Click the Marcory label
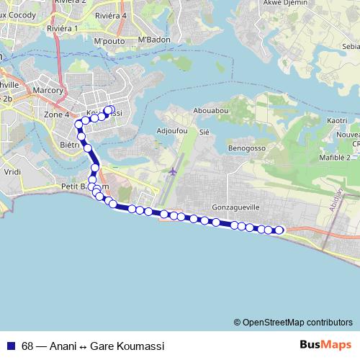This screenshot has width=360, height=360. click(x=48, y=90)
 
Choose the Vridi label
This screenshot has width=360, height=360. click(x=12, y=173)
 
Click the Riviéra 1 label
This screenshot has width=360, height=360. click(x=62, y=28)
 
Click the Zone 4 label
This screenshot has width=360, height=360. click(x=56, y=114)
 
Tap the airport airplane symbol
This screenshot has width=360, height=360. click(x=173, y=172)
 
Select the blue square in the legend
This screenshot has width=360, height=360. click(x=10, y=345)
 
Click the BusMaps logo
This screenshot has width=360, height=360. click(x=325, y=344)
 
